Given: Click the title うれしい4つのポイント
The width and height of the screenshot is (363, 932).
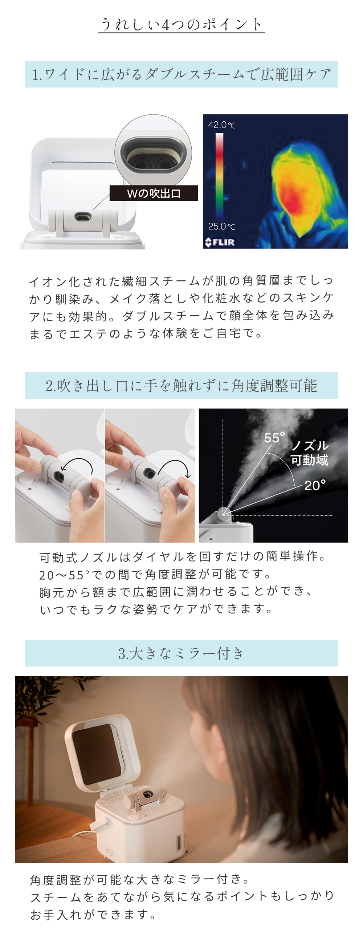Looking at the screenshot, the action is click(181, 24).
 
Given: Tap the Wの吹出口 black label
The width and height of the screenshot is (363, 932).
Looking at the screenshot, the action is click(154, 193).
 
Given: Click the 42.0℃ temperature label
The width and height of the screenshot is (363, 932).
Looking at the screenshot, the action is click(221, 125).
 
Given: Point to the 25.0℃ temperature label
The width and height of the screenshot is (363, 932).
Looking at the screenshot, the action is click(221, 226).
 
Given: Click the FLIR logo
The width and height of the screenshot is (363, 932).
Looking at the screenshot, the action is click(220, 242).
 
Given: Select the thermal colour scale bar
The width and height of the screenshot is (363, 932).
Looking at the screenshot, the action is click(220, 175).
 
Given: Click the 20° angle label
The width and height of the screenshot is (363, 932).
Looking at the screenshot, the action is click(315, 485).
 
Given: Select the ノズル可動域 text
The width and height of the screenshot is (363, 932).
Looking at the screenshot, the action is click(310, 453).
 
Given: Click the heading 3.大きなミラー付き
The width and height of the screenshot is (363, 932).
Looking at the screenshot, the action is click(181, 653).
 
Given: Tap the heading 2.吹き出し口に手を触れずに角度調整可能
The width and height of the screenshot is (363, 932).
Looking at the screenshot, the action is click(181, 386).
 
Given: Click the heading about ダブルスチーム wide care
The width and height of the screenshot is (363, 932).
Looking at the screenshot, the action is click(181, 74).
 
